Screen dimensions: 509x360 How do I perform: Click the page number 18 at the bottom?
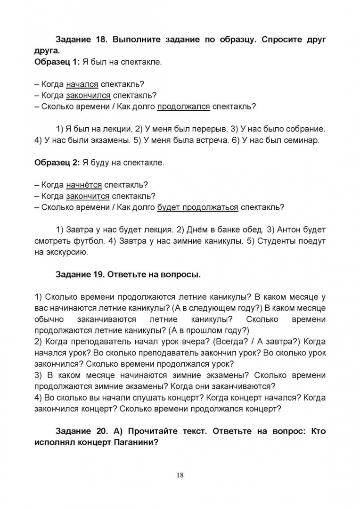180,475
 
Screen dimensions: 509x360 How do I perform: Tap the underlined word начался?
82,84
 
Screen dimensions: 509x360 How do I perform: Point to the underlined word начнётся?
84,185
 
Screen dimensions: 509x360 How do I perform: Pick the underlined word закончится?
88,196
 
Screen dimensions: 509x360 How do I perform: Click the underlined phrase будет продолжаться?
197,207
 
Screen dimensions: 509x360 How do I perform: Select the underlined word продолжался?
183,106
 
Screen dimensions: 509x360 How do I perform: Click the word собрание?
305,128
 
